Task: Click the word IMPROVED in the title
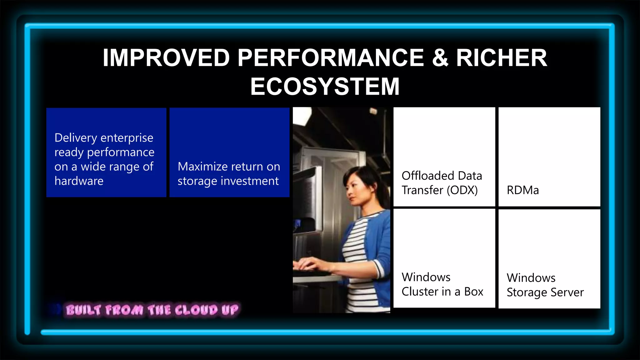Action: [x=166, y=58]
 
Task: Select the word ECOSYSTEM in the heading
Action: [x=325, y=87]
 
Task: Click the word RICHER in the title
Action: [x=501, y=58]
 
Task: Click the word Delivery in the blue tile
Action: [x=75, y=138]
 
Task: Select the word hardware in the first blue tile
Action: [x=79, y=181]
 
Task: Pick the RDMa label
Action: [x=522, y=190]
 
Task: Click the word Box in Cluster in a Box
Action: [x=473, y=292]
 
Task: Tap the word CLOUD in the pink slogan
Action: [x=196, y=310]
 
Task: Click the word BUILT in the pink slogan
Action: [x=83, y=310]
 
